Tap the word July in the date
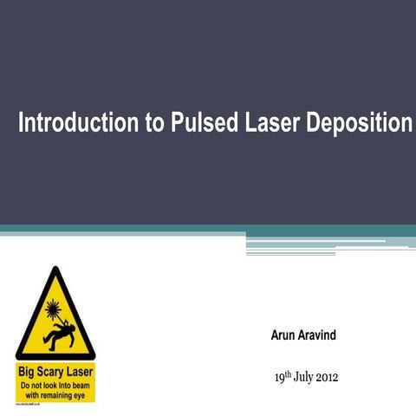pos(307,377)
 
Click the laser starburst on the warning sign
pos(53,306)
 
